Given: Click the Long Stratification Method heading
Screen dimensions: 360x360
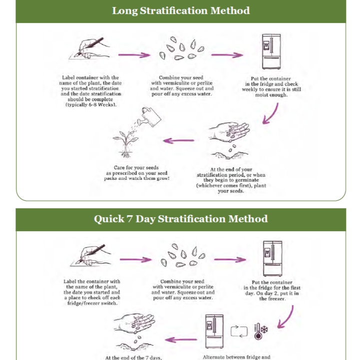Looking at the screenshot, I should point(180,10).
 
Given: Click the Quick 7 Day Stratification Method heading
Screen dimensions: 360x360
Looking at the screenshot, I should point(180,219).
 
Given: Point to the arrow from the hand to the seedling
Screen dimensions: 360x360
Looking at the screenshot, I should point(179,140).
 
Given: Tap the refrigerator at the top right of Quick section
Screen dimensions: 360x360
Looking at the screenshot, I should point(273,258).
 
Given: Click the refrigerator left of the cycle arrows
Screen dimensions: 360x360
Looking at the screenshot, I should point(214,331).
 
